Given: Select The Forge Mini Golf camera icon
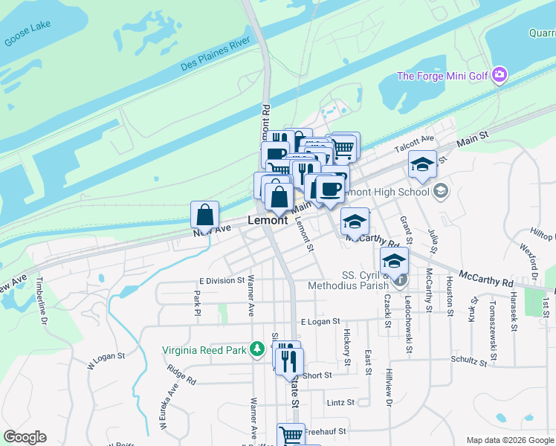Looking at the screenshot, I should tap(500, 75).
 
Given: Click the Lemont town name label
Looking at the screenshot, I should tap(267, 221).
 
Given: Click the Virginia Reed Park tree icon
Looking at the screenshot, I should tap(257, 349).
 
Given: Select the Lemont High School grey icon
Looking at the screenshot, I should tap(441, 191).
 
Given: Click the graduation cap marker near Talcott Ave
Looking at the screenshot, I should tap(422, 164).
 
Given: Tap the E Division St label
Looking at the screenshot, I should tap(222, 280).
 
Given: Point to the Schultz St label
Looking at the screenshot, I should tap(468, 362).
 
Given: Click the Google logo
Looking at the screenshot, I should tap(25, 437).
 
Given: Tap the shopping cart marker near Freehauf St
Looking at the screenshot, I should tap(291, 434).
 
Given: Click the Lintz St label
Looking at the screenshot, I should tap(340, 403).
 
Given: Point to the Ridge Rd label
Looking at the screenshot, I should tap(181, 375).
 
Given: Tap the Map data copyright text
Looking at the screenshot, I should tap(510, 440).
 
